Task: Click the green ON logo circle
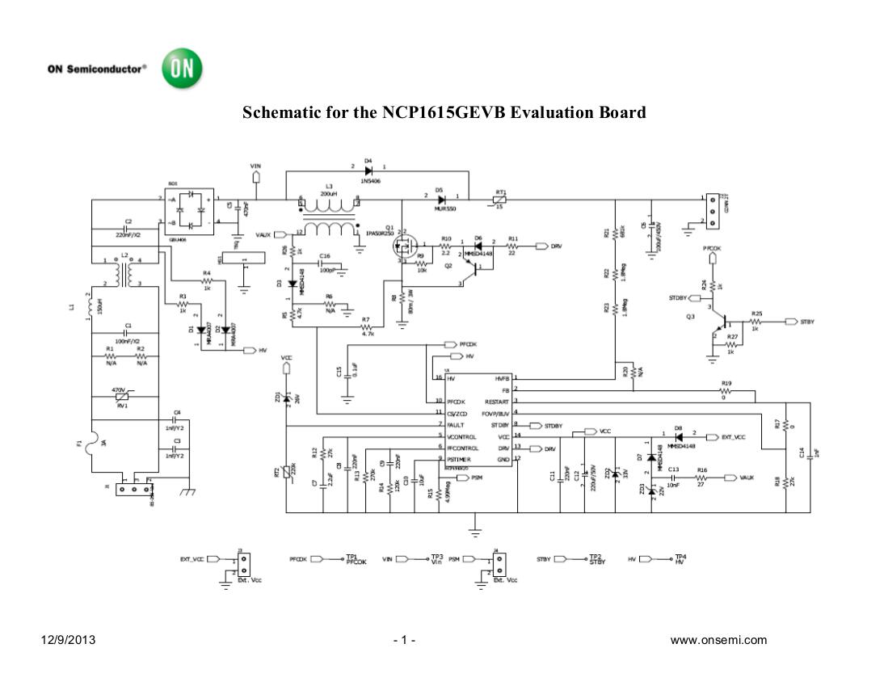(x=182, y=69)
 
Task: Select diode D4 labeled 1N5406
(x=368, y=170)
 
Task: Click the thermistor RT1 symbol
(x=502, y=197)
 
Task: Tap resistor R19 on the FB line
(x=727, y=389)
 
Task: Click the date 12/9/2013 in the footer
(x=69, y=641)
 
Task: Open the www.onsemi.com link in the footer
(x=718, y=641)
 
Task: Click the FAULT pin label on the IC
(x=455, y=424)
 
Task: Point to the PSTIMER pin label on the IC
(x=461, y=459)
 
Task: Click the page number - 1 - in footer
(x=404, y=641)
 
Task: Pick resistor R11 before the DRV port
(x=512, y=246)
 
